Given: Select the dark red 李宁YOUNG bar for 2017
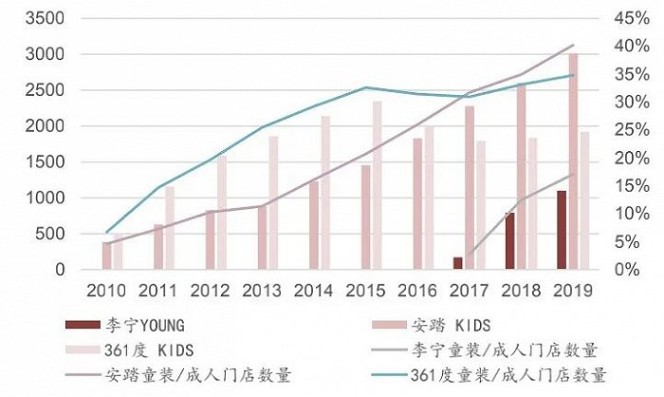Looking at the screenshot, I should (x=458, y=263).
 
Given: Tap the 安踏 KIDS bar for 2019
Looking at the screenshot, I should (x=573, y=161).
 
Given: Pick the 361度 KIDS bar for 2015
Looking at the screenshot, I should (x=377, y=185).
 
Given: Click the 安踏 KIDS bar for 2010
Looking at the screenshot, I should (x=107, y=255).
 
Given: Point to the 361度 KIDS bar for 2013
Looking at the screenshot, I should (x=273, y=202).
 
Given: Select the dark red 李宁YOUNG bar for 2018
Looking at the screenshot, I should (x=510, y=241).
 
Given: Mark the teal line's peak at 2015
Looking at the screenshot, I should (x=365, y=87).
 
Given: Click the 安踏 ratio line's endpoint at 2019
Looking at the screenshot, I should (x=573, y=45).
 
